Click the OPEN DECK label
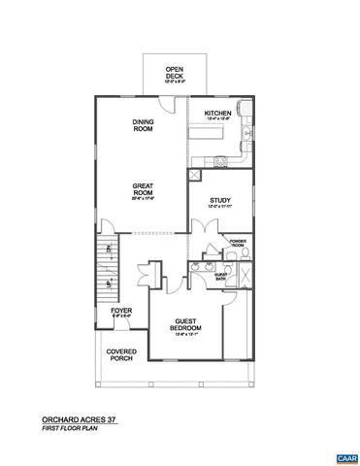click(x=174, y=73)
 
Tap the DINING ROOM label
click(x=145, y=125)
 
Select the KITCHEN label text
click(x=217, y=115)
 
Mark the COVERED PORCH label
click(x=121, y=355)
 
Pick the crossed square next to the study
click(x=196, y=175)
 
